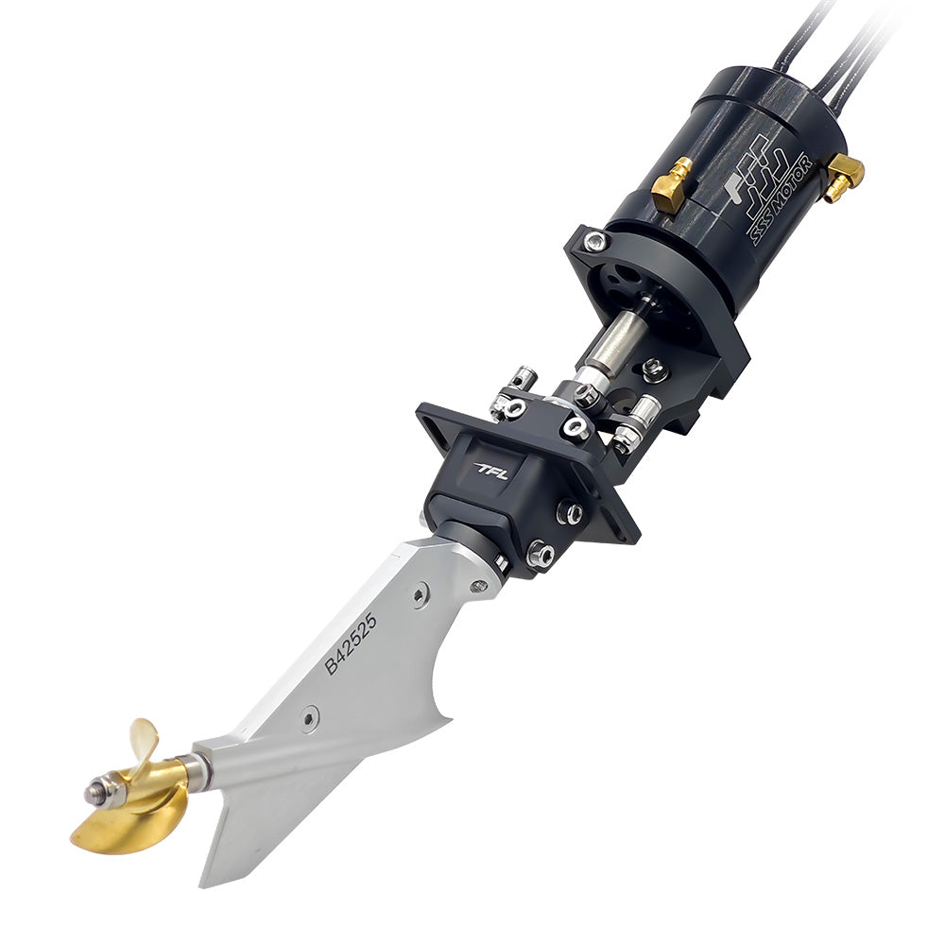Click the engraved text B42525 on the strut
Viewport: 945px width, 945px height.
coord(351,644)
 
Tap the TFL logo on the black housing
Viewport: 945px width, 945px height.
coord(491,471)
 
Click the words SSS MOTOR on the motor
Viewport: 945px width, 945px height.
coord(781,199)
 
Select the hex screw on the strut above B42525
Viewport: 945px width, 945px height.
coord(420,594)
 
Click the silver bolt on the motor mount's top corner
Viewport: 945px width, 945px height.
coord(594,242)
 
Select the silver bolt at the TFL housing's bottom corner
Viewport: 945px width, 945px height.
coord(540,555)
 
